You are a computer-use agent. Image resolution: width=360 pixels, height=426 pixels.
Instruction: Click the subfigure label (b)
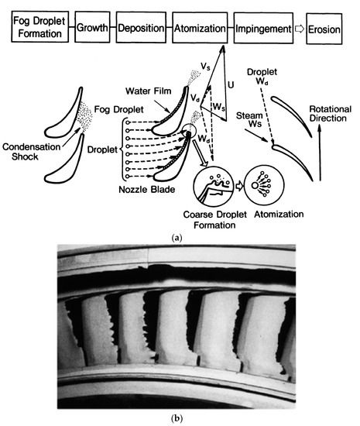pyautogui.click(x=180, y=418)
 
